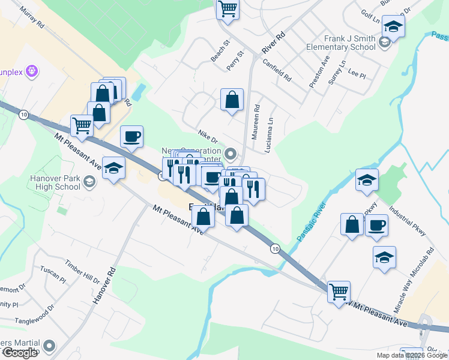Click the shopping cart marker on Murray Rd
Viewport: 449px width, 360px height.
click(x=82, y=126)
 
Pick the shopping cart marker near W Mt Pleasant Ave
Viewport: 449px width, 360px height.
click(x=339, y=292)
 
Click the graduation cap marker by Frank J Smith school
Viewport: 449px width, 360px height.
click(x=393, y=26)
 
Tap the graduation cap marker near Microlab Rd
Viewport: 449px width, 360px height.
click(x=384, y=257)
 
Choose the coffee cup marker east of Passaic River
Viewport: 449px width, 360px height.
click(x=376, y=225)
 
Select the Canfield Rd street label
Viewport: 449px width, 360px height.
click(x=276, y=71)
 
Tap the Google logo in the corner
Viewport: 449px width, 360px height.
click(x=19, y=353)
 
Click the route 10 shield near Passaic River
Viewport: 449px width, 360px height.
click(x=275, y=248)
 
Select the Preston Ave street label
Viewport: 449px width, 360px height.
click(x=319, y=72)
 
